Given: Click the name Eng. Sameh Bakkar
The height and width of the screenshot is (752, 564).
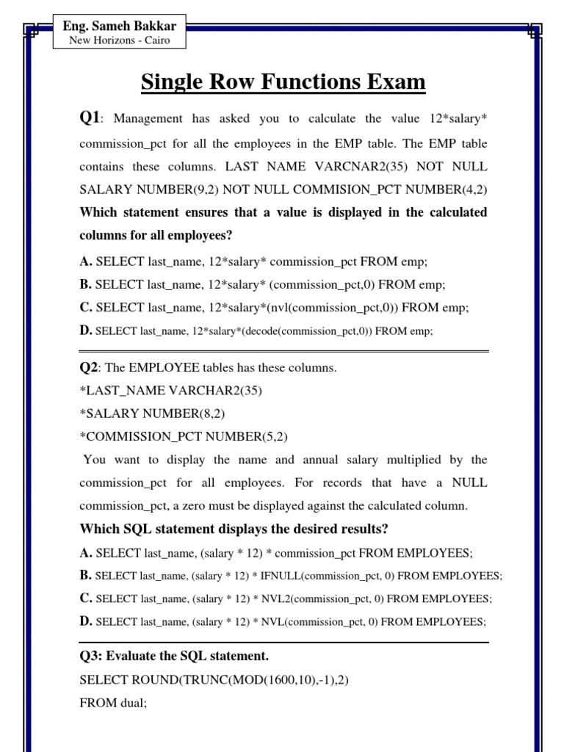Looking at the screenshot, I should click(120, 26).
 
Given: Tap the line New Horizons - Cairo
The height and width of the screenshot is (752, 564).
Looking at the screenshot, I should click(119, 40).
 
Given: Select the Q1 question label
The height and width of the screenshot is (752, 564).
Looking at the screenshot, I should click(89, 117).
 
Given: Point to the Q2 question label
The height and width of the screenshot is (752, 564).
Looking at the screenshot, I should click(88, 368).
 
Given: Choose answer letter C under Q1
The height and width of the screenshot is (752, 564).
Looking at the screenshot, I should click(85, 307).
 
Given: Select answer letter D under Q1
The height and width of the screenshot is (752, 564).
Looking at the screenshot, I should click(85, 330).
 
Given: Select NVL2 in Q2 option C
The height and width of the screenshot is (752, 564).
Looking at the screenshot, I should click(271, 599).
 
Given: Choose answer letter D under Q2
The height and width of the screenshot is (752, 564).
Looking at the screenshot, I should click(85, 621).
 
